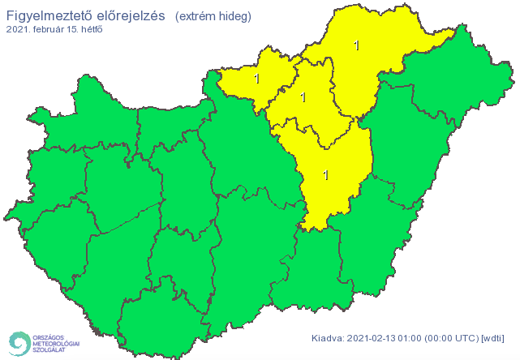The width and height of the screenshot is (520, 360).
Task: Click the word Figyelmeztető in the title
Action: pyautogui.click(x=43, y=16)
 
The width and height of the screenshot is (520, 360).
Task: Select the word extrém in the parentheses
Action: pyautogui.click(x=198, y=16)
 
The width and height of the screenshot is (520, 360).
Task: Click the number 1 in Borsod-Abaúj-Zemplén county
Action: pyautogui.click(x=357, y=45)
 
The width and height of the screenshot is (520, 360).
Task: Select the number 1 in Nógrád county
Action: pyautogui.click(x=257, y=79)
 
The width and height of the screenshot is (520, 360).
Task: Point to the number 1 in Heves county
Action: pyautogui.click(x=303, y=97)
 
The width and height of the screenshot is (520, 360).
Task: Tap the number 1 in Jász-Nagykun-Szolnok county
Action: pyautogui.click(x=326, y=174)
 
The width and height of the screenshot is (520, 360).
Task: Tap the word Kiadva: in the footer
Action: pyautogui.click(x=329, y=338)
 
